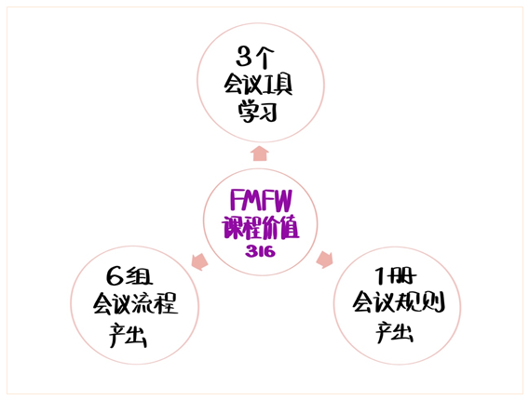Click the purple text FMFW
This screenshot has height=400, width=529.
click(261, 201)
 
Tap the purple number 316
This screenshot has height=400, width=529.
click(261, 251)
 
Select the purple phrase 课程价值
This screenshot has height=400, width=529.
click(261, 227)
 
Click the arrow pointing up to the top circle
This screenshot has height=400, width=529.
click(260, 153)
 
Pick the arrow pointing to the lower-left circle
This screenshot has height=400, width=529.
click(200, 261)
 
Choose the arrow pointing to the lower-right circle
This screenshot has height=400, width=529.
click(324, 260)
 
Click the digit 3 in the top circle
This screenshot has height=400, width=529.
click(244, 57)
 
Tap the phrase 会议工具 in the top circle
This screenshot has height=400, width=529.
click(258, 85)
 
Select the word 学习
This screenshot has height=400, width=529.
click(258, 112)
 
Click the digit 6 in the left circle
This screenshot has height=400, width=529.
click(115, 276)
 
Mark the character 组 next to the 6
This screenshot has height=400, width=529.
click(140, 276)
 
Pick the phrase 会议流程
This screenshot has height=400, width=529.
click(136, 303)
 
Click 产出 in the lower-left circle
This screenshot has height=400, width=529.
click(128, 335)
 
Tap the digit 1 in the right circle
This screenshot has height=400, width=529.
click(380, 275)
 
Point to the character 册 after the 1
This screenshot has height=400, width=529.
click(401, 276)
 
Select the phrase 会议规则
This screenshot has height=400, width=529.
click(399, 301)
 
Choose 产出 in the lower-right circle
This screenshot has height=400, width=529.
click(394, 332)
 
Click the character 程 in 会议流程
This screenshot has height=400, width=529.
click(166, 303)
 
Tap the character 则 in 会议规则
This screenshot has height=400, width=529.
click(434, 301)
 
